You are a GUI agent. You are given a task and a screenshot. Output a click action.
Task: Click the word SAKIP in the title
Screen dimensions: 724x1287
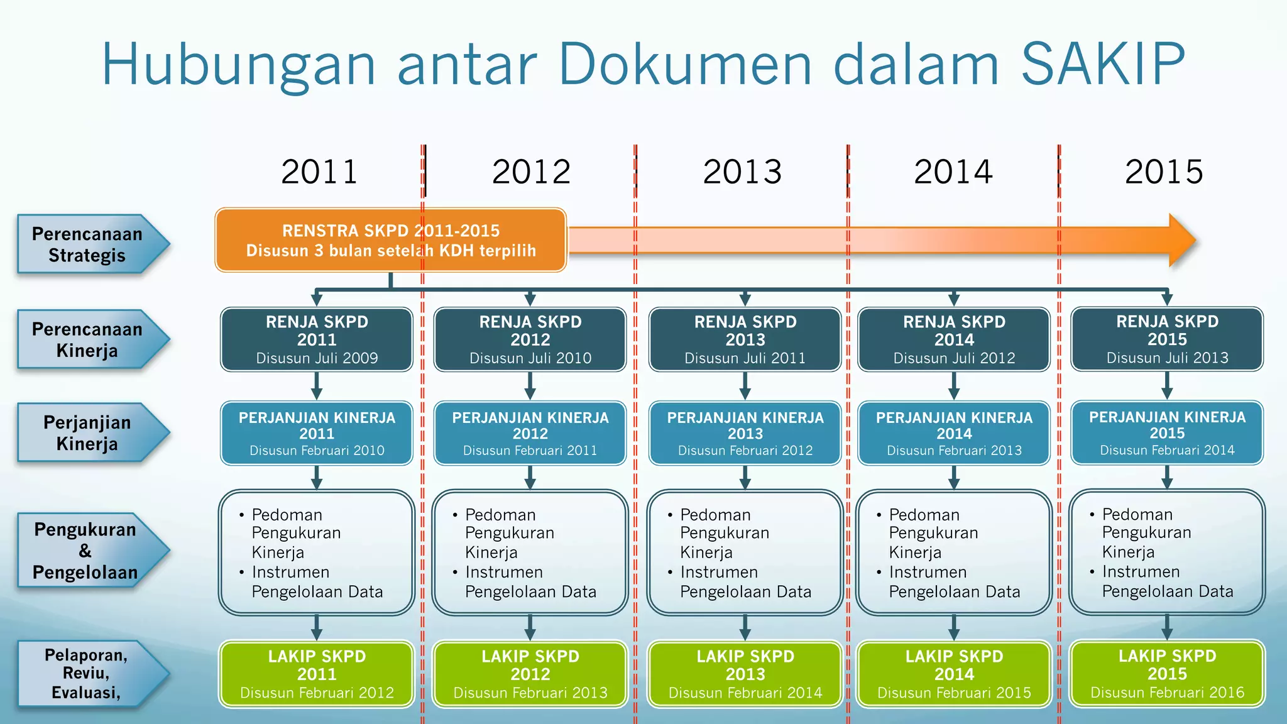click(x=1103, y=64)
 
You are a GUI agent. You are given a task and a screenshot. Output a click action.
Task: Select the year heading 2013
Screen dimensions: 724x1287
click(x=742, y=172)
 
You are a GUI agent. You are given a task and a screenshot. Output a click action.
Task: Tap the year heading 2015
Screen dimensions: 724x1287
click(x=1164, y=172)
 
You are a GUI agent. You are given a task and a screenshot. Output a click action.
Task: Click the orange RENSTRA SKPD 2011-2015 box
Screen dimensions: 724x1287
click(x=390, y=240)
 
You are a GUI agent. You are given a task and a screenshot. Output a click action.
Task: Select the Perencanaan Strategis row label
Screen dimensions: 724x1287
click(x=88, y=244)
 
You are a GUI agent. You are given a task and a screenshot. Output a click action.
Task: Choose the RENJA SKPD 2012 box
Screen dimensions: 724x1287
click(x=530, y=339)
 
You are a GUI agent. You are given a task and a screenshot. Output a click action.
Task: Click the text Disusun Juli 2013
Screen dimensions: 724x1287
click(x=1167, y=358)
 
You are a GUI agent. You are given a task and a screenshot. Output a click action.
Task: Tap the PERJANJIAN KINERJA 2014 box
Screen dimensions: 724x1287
click(x=954, y=433)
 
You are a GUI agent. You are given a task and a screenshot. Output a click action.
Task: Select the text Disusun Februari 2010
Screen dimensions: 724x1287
click(x=317, y=451)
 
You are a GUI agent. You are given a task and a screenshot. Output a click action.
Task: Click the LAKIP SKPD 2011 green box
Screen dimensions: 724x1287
click(x=317, y=674)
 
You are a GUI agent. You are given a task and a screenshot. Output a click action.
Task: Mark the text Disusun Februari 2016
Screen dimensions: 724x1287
click(x=1167, y=693)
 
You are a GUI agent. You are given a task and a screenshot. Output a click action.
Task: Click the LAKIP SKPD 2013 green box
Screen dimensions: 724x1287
click(x=745, y=674)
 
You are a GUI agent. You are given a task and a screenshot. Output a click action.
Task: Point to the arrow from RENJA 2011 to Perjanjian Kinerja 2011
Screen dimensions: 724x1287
click(x=317, y=385)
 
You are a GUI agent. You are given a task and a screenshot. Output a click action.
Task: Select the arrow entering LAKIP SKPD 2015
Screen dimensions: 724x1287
click(x=1167, y=627)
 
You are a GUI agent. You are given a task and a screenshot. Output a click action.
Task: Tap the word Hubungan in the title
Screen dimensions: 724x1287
click(x=239, y=64)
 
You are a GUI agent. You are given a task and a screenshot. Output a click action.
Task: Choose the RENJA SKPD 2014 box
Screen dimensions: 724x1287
click(x=954, y=339)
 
